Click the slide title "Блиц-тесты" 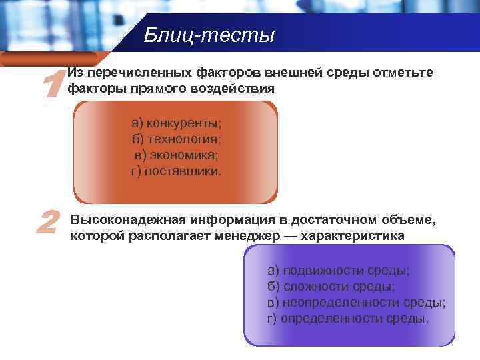(x=209, y=35)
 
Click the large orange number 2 (x=47, y=223)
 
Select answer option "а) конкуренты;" (x=176, y=123)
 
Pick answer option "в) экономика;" (x=176, y=155)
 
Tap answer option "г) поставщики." (x=176, y=171)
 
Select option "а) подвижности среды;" (x=338, y=271)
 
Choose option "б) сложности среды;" (x=331, y=287)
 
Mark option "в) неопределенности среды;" (x=356, y=302)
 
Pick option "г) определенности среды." (x=348, y=318)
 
